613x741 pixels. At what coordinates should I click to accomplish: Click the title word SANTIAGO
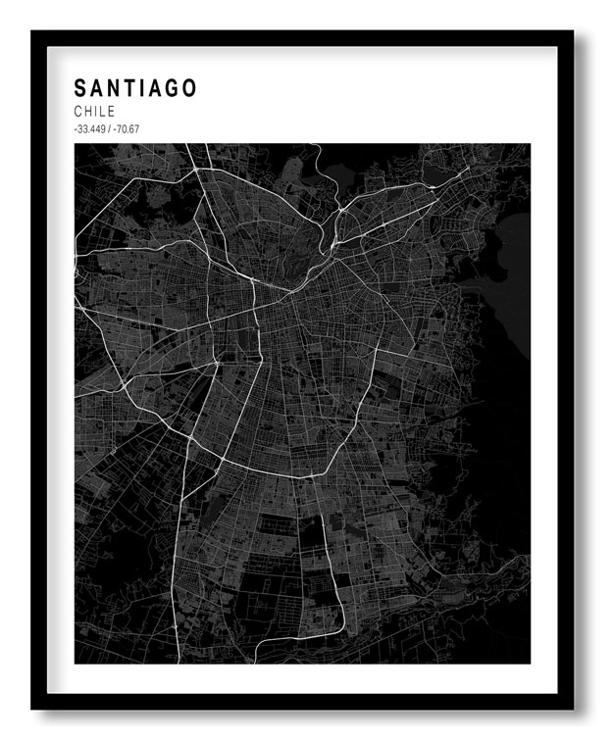pyautogui.click(x=134, y=88)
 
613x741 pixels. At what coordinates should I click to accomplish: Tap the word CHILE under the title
pyautogui.click(x=94, y=112)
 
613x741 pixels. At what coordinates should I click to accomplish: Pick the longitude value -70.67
pyautogui.click(x=126, y=129)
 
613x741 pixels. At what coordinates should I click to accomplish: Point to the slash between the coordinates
pyautogui.click(x=108, y=129)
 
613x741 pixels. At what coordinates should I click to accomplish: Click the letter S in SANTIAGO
pyautogui.click(x=79, y=88)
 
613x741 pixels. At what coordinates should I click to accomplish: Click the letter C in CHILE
pyautogui.click(x=77, y=112)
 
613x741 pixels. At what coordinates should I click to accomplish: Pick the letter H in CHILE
pyautogui.click(x=88, y=112)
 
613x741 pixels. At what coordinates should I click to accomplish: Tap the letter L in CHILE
pyautogui.click(x=103, y=112)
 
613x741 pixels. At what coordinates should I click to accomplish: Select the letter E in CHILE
pyautogui.click(x=111, y=112)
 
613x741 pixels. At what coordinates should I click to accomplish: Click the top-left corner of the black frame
pyautogui.click(x=32, y=31)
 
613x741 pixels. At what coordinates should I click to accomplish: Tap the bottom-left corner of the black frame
pyautogui.click(x=32, y=708)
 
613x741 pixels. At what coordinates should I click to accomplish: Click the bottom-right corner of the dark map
pyautogui.click(x=530, y=663)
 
